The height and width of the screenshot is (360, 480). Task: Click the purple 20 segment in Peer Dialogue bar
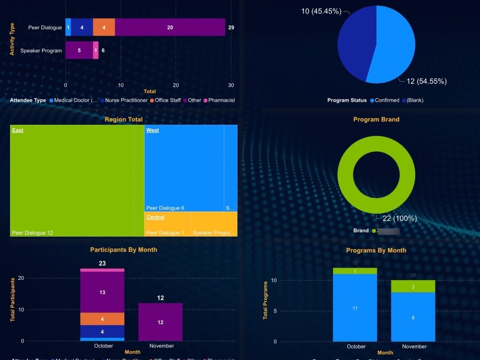coord(170,27)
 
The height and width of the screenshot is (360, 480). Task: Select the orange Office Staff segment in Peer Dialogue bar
coord(104,27)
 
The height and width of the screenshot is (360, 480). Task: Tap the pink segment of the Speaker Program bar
coord(96,50)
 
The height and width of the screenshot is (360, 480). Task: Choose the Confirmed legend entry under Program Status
coord(386,100)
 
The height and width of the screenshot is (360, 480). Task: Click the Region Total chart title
coord(123,120)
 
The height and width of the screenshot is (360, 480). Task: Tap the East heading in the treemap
coord(18,131)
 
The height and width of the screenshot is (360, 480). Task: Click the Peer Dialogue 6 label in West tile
coord(165,208)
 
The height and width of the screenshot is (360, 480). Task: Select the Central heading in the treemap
coord(155,217)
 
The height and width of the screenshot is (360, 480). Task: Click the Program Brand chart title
coord(376,120)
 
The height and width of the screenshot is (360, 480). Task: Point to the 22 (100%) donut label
coord(399,218)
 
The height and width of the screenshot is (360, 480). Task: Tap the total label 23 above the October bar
coord(102,264)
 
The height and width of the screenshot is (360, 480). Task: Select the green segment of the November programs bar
coord(413,286)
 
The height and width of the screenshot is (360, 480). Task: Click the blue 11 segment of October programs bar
coord(355,308)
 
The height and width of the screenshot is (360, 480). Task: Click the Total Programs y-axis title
coord(265,301)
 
